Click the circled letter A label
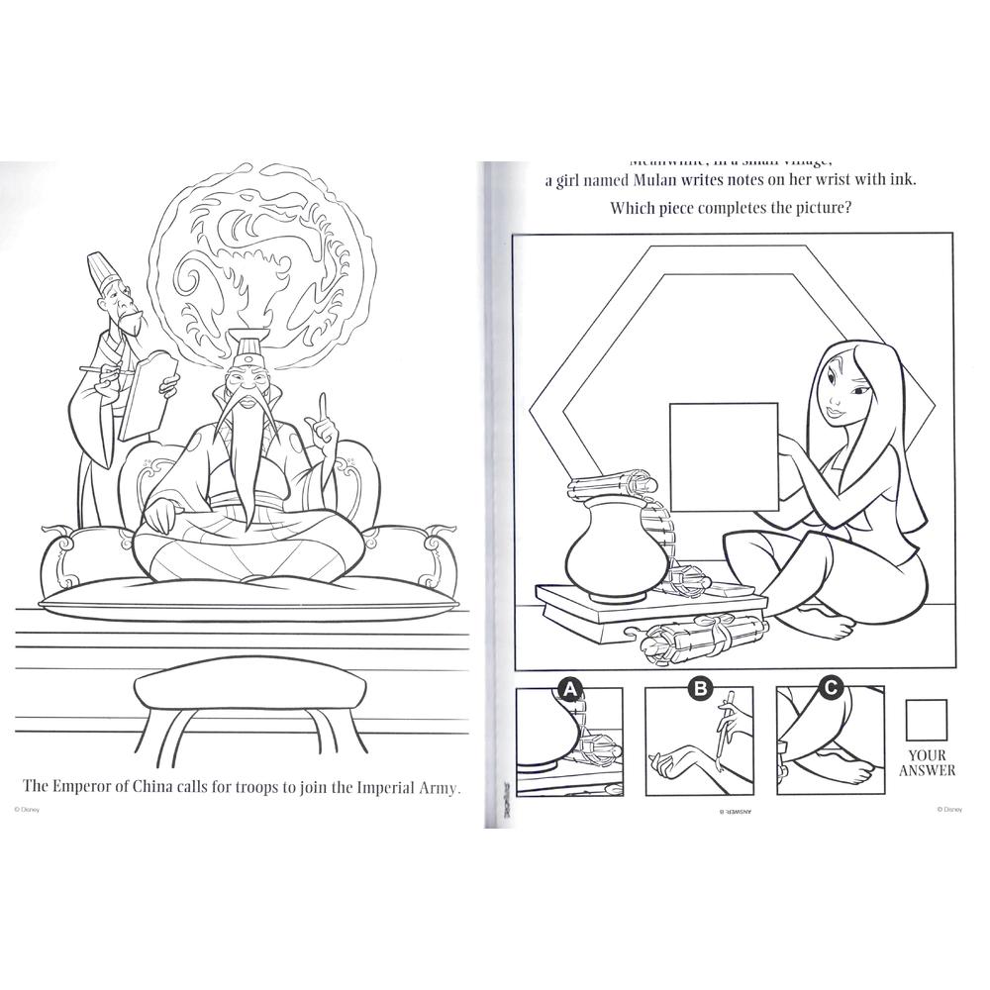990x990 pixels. (569, 688)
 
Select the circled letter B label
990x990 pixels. (701, 688)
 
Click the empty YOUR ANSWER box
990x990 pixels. (929, 720)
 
